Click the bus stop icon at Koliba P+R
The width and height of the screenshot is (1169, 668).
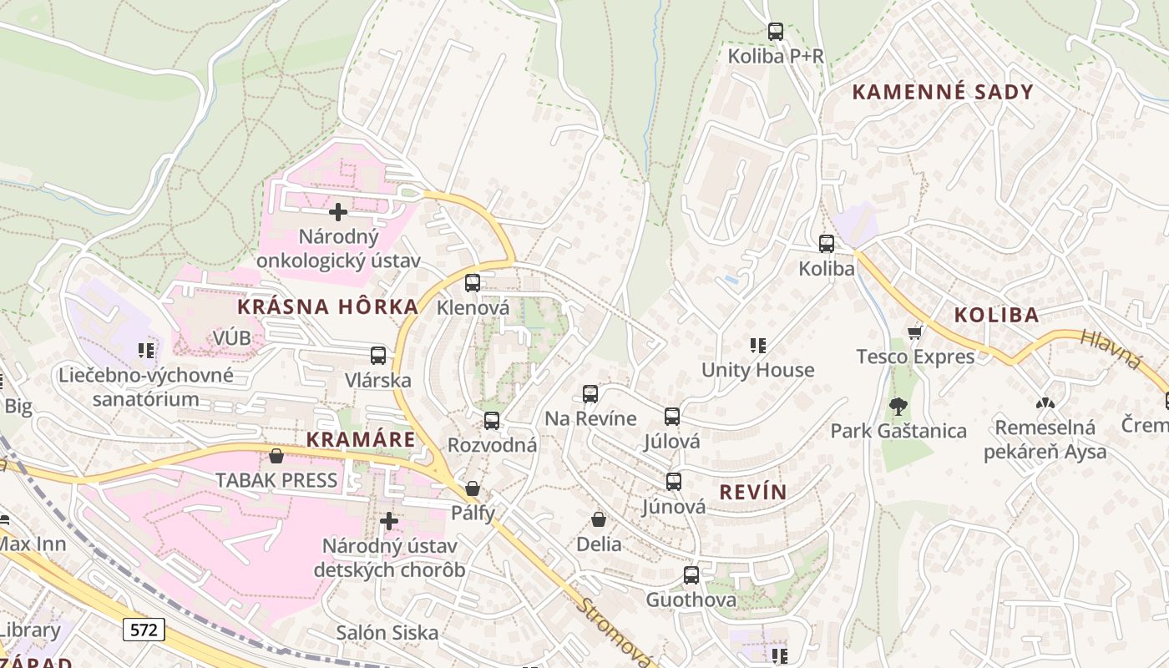pos(776,33)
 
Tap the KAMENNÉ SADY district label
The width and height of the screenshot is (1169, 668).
pos(943,92)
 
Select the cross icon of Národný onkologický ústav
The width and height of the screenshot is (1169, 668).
pos(338,211)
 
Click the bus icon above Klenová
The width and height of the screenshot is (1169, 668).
pos(473,283)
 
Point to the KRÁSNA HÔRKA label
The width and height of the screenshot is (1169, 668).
pos(327,306)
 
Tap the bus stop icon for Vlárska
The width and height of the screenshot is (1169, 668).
pos(378,356)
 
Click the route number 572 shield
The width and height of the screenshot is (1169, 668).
pos(144,629)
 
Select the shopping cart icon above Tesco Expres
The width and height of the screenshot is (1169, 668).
pos(915,332)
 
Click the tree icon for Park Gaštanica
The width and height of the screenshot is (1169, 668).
pos(898,407)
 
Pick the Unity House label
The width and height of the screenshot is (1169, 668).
pos(757,370)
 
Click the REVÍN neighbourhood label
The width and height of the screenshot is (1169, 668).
pos(752,492)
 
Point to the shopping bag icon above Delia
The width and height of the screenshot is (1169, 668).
pos(599,519)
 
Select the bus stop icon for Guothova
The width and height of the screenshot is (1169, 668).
pos(691,575)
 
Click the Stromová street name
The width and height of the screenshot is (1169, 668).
pos(615,632)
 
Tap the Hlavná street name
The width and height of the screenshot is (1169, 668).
pos(1110,349)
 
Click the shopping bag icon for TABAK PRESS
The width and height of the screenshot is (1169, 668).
pos(276,456)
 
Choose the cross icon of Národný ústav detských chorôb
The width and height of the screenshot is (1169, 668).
pos(389,521)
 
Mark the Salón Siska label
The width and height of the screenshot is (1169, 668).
pos(387,632)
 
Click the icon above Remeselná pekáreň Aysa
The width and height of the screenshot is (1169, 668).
pos(1045,403)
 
